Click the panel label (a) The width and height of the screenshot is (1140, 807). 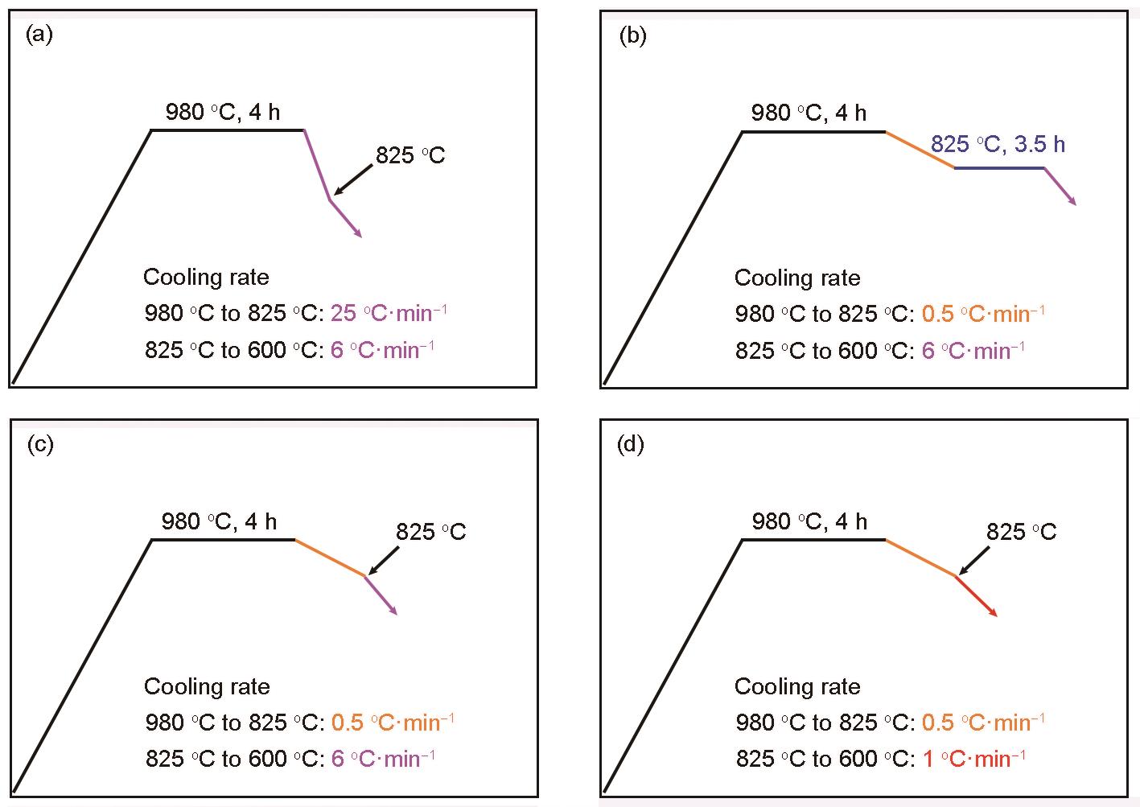pyautogui.click(x=39, y=35)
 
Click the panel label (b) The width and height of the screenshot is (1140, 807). pyautogui.click(x=632, y=37)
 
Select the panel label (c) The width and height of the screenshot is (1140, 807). pyautogui.click(x=40, y=445)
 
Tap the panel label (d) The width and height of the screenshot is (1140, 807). pyautogui.click(x=631, y=445)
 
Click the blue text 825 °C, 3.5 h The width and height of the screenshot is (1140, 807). pyautogui.click(x=998, y=144)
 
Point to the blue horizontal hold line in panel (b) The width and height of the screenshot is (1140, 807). pyautogui.click(x=999, y=168)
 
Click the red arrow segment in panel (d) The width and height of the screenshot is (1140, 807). pyautogui.click(x=976, y=596)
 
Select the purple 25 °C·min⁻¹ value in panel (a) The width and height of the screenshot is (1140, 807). pyautogui.click(x=389, y=313)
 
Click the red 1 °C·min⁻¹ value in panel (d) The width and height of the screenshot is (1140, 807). pyautogui.click(x=974, y=759)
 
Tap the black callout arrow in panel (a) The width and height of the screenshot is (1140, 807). pyautogui.click(x=352, y=179)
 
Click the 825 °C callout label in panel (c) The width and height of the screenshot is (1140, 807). pyautogui.click(x=430, y=532)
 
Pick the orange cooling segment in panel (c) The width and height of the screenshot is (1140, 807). pyautogui.click(x=330, y=558)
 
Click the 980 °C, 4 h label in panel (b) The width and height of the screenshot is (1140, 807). pyautogui.click(x=809, y=113)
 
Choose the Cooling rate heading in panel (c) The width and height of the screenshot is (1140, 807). pyautogui.click(x=207, y=686)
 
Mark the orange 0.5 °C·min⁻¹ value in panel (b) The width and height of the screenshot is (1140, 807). pyautogui.click(x=983, y=314)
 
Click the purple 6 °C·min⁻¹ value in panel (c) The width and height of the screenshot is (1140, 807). pyautogui.click(x=383, y=759)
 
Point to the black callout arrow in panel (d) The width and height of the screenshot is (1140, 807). pyautogui.click(x=973, y=561)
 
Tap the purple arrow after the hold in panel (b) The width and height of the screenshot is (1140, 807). pyautogui.click(x=1060, y=187)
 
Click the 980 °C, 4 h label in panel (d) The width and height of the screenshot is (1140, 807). pyautogui.click(x=809, y=521)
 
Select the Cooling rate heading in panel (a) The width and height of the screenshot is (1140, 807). pyautogui.click(x=206, y=278)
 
